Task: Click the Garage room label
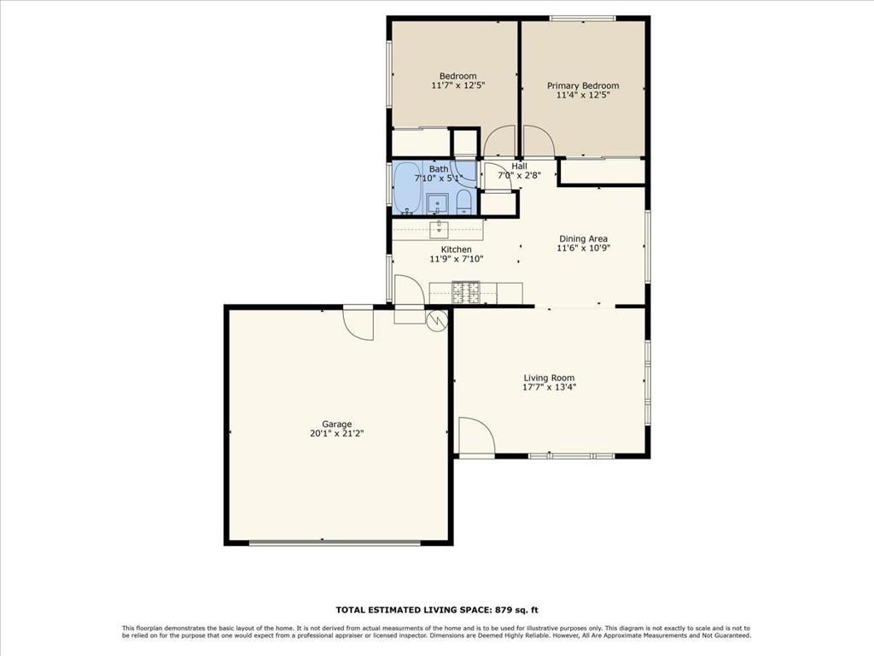(x=336, y=424)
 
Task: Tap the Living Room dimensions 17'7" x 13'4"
(x=549, y=387)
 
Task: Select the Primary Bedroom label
(x=583, y=85)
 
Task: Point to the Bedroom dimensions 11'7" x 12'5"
(x=458, y=85)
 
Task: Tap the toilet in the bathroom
(x=463, y=202)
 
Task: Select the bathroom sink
(x=438, y=203)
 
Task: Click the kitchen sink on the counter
(x=440, y=227)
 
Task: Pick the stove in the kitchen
(x=466, y=292)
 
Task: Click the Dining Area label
(x=584, y=239)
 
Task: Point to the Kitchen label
(x=457, y=249)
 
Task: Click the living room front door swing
(x=477, y=436)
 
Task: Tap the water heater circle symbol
(x=436, y=319)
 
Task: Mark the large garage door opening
(x=335, y=542)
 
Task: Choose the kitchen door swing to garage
(x=409, y=290)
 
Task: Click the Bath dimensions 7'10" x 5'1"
(x=439, y=179)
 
